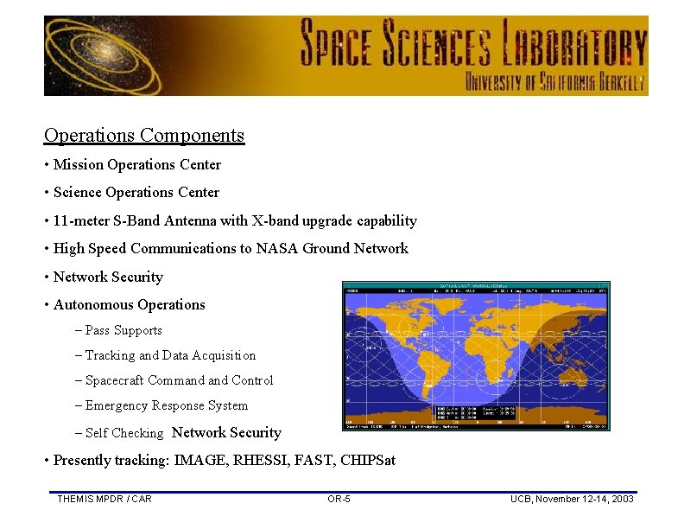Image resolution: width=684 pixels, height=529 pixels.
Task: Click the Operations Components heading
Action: coord(144,136)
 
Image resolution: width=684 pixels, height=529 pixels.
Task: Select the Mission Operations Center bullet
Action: coord(136,164)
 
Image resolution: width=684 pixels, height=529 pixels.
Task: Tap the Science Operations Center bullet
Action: coord(136,192)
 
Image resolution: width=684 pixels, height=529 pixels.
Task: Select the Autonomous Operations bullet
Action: coord(129,304)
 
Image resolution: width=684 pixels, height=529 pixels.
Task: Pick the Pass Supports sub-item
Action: coord(123,330)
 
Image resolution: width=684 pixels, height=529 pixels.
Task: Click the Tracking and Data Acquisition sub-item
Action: coord(169,355)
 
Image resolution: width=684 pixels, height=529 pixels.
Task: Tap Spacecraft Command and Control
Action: coord(178,380)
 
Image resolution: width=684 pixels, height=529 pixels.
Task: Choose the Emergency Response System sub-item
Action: coord(166,405)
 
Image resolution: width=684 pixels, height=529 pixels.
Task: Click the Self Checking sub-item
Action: coord(123,433)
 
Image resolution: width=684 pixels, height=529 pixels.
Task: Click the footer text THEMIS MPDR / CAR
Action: coord(104,499)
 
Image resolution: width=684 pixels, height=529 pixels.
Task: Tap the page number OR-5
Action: coord(339,499)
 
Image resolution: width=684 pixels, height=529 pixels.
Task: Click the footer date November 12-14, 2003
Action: coord(586,499)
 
